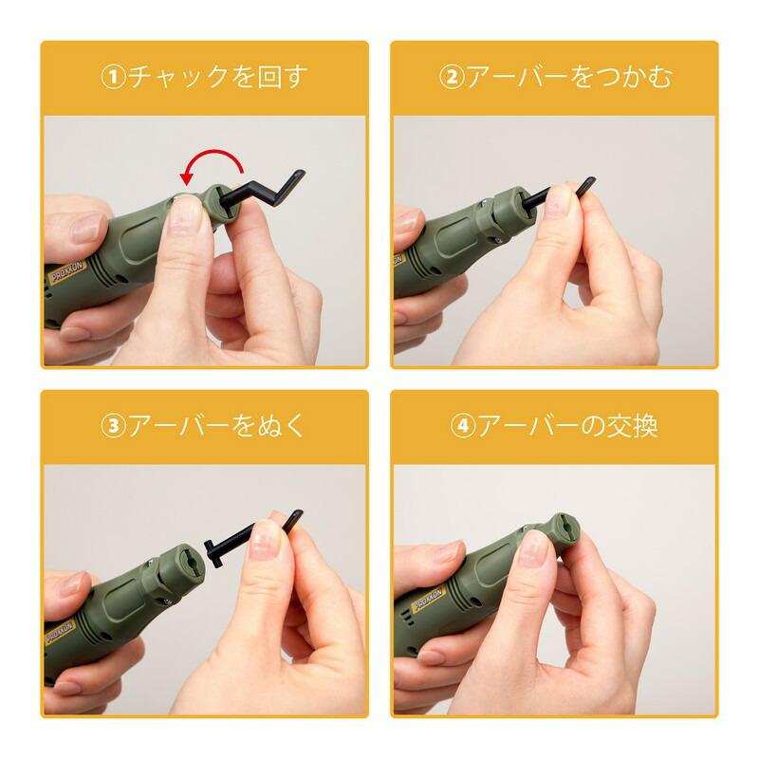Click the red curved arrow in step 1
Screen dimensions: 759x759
(x=213, y=155)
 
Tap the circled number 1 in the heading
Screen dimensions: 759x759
(x=113, y=78)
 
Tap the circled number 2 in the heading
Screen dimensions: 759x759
(x=452, y=78)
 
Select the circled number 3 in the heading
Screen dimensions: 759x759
(x=113, y=426)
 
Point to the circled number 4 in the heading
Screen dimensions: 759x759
(x=463, y=426)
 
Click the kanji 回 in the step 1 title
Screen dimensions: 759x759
(x=269, y=78)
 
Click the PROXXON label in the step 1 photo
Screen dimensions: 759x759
(x=67, y=271)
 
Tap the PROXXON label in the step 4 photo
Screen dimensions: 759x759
(x=428, y=601)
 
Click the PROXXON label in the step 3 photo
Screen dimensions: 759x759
(x=59, y=632)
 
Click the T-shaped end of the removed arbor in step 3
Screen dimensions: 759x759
(x=211, y=552)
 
